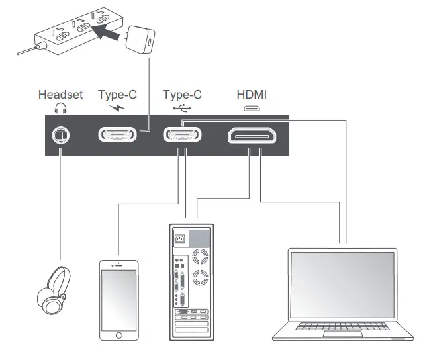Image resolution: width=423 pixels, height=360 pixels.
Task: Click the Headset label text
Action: (60, 95)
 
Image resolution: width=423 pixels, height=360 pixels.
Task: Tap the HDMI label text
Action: (252, 95)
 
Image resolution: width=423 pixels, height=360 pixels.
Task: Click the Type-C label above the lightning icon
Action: (117, 95)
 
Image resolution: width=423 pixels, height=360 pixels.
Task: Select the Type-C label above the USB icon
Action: (183, 95)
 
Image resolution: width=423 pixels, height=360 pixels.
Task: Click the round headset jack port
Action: (61, 136)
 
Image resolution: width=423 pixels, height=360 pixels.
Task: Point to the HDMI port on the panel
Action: (252, 136)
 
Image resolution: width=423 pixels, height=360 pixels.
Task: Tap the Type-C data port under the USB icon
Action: (183, 136)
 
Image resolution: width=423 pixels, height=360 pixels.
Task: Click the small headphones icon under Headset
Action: (61, 108)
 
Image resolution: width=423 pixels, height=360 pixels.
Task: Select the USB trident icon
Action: (182, 108)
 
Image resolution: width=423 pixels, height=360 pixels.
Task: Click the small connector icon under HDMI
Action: (252, 109)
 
